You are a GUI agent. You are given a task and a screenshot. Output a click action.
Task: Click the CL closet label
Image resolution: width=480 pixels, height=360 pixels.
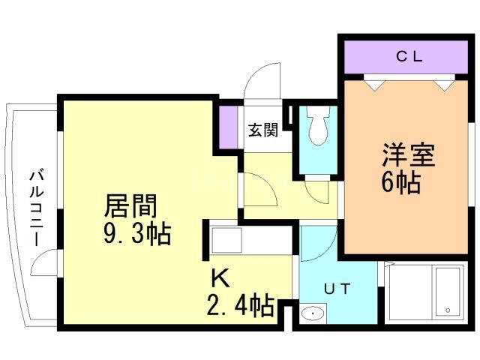coord(408,55)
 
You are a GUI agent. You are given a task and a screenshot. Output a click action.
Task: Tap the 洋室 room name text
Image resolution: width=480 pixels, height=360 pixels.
coord(408,157)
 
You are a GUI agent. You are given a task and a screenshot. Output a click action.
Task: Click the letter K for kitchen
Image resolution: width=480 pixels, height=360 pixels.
coord(219,279)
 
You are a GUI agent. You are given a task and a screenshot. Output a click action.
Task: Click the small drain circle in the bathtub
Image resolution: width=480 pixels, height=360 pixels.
coord(448,310)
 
